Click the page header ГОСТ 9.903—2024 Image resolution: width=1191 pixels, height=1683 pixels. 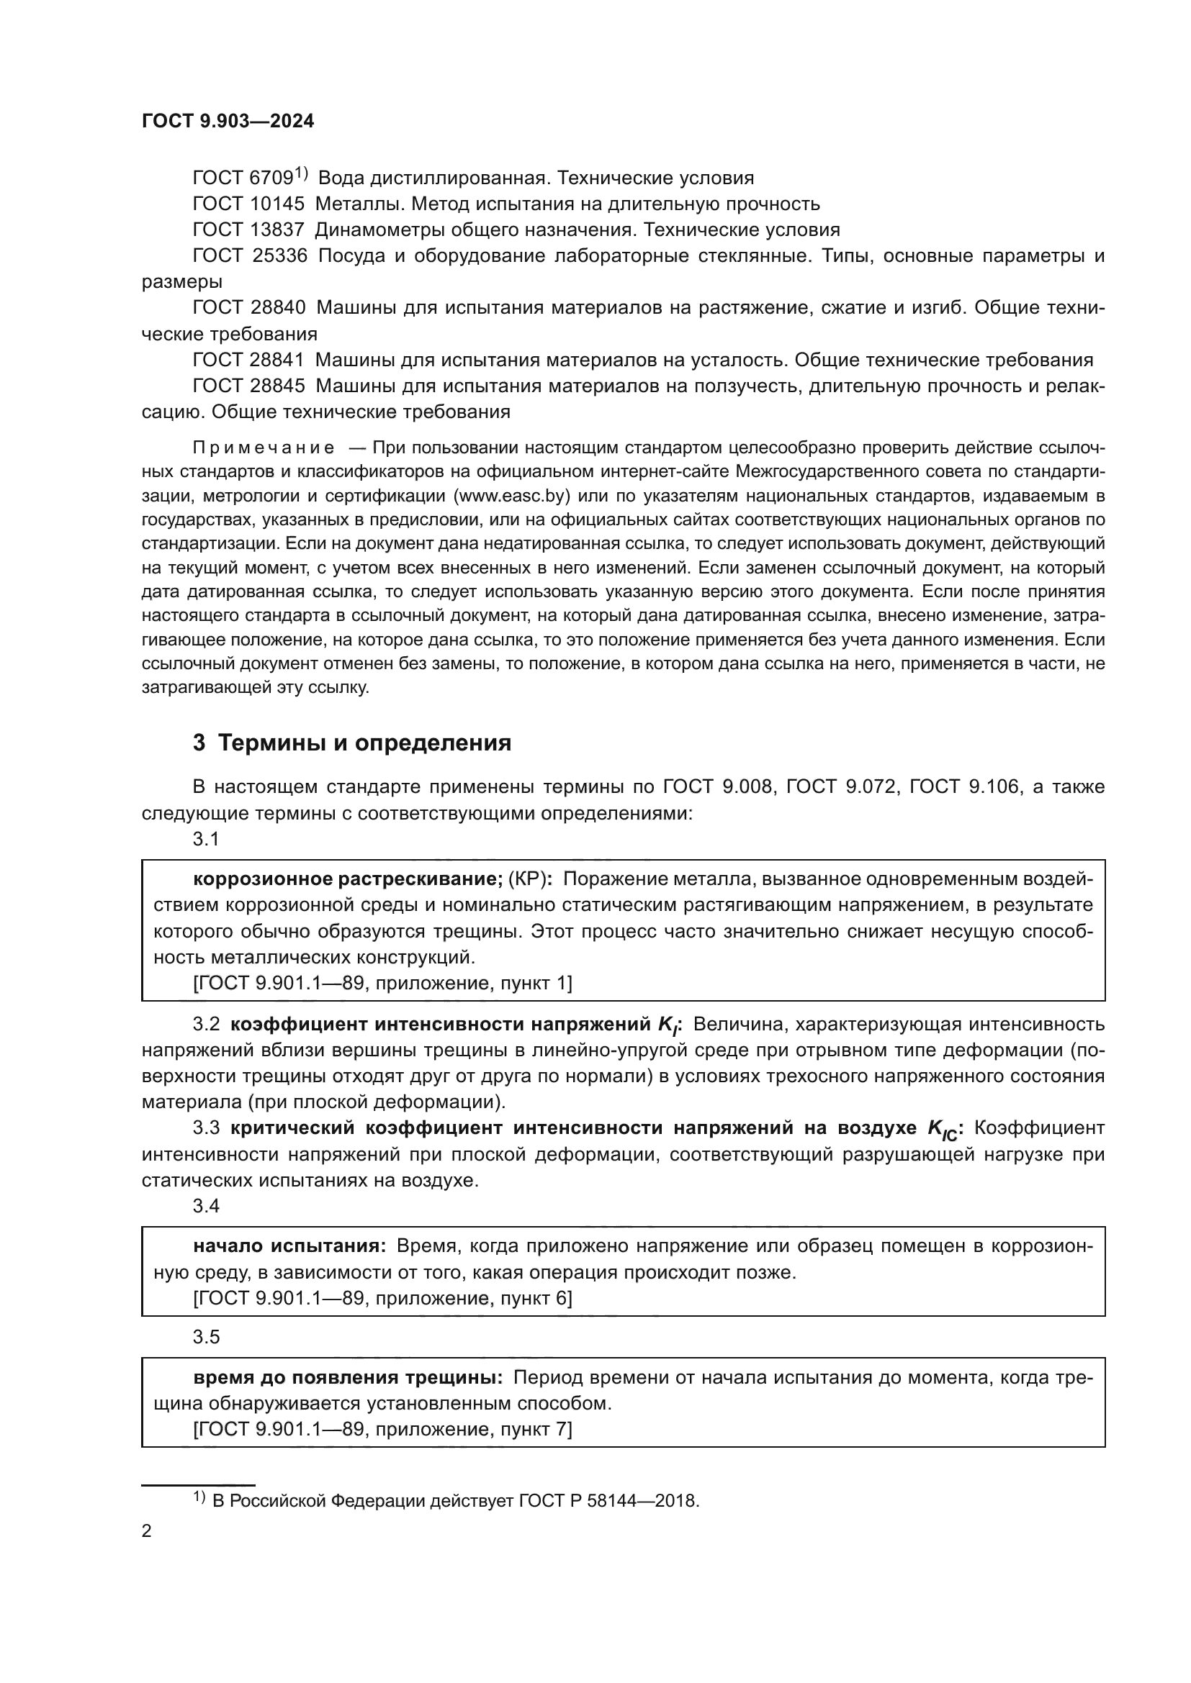(x=228, y=121)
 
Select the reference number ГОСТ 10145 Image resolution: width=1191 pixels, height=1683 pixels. (x=248, y=204)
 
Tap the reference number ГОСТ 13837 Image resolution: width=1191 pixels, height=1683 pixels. (x=248, y=230)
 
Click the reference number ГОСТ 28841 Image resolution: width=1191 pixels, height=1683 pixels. (x=248, y=360)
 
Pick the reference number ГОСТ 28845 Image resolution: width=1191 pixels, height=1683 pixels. (x=248, y=386)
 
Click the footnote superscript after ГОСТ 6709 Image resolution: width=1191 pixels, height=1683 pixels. (x=301, y=173)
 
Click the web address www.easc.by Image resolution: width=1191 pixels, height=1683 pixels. (x=513, y=496)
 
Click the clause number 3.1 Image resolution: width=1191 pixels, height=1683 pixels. (x=206, y=839)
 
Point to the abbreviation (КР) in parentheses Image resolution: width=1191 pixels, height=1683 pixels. (x=530, y=879)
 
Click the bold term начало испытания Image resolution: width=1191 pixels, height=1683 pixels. (x=289, y=1246)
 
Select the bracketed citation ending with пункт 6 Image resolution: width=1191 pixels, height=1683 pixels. (x=382, y=1298)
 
